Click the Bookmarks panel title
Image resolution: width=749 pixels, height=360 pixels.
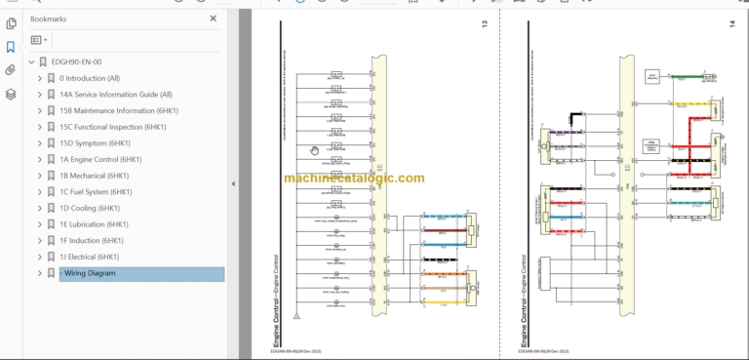[50, 19]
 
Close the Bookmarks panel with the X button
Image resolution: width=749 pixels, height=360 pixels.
[214, 19]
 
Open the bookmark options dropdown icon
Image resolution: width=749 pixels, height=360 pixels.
[39, 40]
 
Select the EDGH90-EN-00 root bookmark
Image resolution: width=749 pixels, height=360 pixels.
[83, 61]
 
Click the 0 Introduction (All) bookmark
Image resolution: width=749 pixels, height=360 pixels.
[90, 78]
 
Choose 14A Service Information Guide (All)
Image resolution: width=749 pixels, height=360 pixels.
[115, 95]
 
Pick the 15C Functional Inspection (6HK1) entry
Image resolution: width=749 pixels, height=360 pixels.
[112, 127]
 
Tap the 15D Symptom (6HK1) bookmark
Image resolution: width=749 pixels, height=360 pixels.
[97, 143]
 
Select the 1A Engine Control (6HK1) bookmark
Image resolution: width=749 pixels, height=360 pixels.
[100, 159]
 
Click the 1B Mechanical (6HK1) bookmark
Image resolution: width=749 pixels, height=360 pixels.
[94, 176]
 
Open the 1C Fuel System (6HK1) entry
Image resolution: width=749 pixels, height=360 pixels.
[96, 192]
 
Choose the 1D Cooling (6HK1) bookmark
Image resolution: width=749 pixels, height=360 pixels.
[90, 208]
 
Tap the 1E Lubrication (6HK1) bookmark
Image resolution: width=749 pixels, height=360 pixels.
[95, 224]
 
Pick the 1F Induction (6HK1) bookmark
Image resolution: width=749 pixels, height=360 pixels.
[92, 240]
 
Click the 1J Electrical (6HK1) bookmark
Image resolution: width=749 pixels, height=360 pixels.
[92, 257]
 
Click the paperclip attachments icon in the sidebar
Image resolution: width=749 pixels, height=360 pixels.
[11, 70]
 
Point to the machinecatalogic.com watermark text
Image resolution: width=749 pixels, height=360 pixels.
[355, 179]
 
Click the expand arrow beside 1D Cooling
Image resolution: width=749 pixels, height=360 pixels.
[40, 208]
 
